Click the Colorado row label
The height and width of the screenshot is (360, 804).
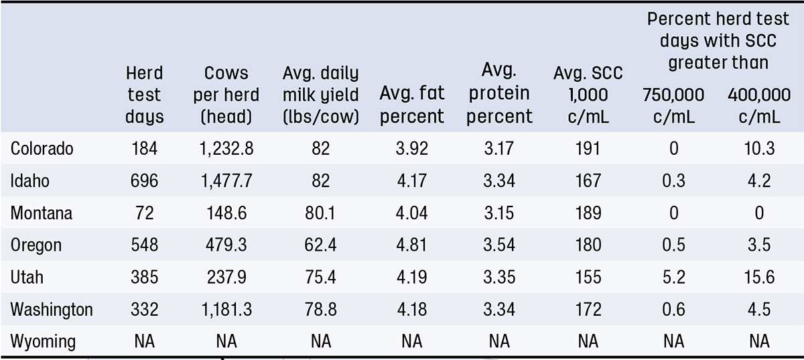(42, 148)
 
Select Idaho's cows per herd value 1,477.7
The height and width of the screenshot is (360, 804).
(226, 180)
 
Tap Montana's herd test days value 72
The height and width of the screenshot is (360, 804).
(145, 213)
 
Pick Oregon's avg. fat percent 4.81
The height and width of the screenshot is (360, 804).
(411, 245)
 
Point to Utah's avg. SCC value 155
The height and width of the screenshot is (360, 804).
(588, 277)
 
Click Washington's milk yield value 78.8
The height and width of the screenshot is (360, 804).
(320, 309)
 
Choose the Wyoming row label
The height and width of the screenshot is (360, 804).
(43, 341)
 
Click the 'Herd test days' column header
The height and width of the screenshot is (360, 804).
(145, 95)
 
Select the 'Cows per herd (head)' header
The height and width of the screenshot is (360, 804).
(226, 95)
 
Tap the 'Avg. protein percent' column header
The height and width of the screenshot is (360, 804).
(499, 93)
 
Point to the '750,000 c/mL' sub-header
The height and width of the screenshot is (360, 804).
(674, 106)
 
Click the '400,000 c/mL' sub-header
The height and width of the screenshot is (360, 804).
(759, 106)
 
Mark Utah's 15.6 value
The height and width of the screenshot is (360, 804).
(759, 277)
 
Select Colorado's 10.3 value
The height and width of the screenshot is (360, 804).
(759, 148)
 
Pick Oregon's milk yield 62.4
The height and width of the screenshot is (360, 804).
(320, 245)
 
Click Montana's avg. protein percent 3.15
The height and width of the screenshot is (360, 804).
(499, 213)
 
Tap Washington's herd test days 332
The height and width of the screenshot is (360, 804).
(145, 309)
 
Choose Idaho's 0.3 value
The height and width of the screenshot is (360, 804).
(674, 180)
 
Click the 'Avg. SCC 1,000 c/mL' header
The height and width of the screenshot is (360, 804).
(588, 95)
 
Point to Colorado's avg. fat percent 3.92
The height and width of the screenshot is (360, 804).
(411, 148)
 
